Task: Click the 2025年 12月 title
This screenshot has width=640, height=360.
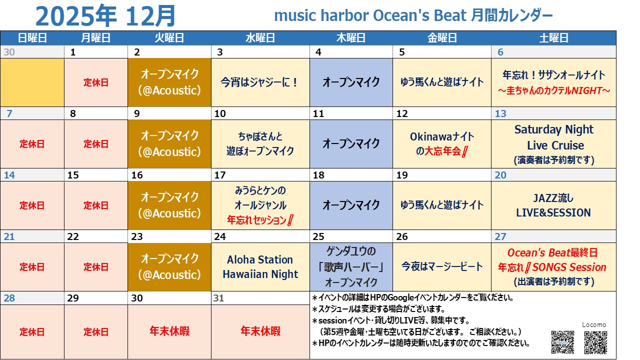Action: point(105,16)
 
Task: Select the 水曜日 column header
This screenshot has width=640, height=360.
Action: point(260,37)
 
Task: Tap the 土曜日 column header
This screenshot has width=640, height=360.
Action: point(553,37)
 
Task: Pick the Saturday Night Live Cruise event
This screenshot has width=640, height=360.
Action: point(553,144)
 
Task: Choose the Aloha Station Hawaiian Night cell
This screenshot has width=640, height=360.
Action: point(260,267)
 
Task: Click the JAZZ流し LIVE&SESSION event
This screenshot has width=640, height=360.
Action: point(553,205)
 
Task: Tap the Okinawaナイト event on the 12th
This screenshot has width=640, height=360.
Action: point(442,144)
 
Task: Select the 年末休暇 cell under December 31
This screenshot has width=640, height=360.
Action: point(260,331)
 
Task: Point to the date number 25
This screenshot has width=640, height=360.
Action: point(318,236)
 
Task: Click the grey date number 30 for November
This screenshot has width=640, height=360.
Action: point(9,52)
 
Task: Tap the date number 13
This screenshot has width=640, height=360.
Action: point(500,113)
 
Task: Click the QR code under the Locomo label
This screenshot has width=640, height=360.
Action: point(595,342)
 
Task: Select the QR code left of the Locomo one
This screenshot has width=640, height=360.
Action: point(562,342)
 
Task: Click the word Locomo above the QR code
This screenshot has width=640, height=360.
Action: point(594,325)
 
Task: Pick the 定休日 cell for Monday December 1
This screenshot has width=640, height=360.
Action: point(96,82)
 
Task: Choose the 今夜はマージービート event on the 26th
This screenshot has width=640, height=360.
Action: point(442,267)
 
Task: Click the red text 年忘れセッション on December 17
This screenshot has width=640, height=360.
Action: point(256,220)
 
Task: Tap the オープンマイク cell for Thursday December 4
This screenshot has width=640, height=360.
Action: point(351,82)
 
